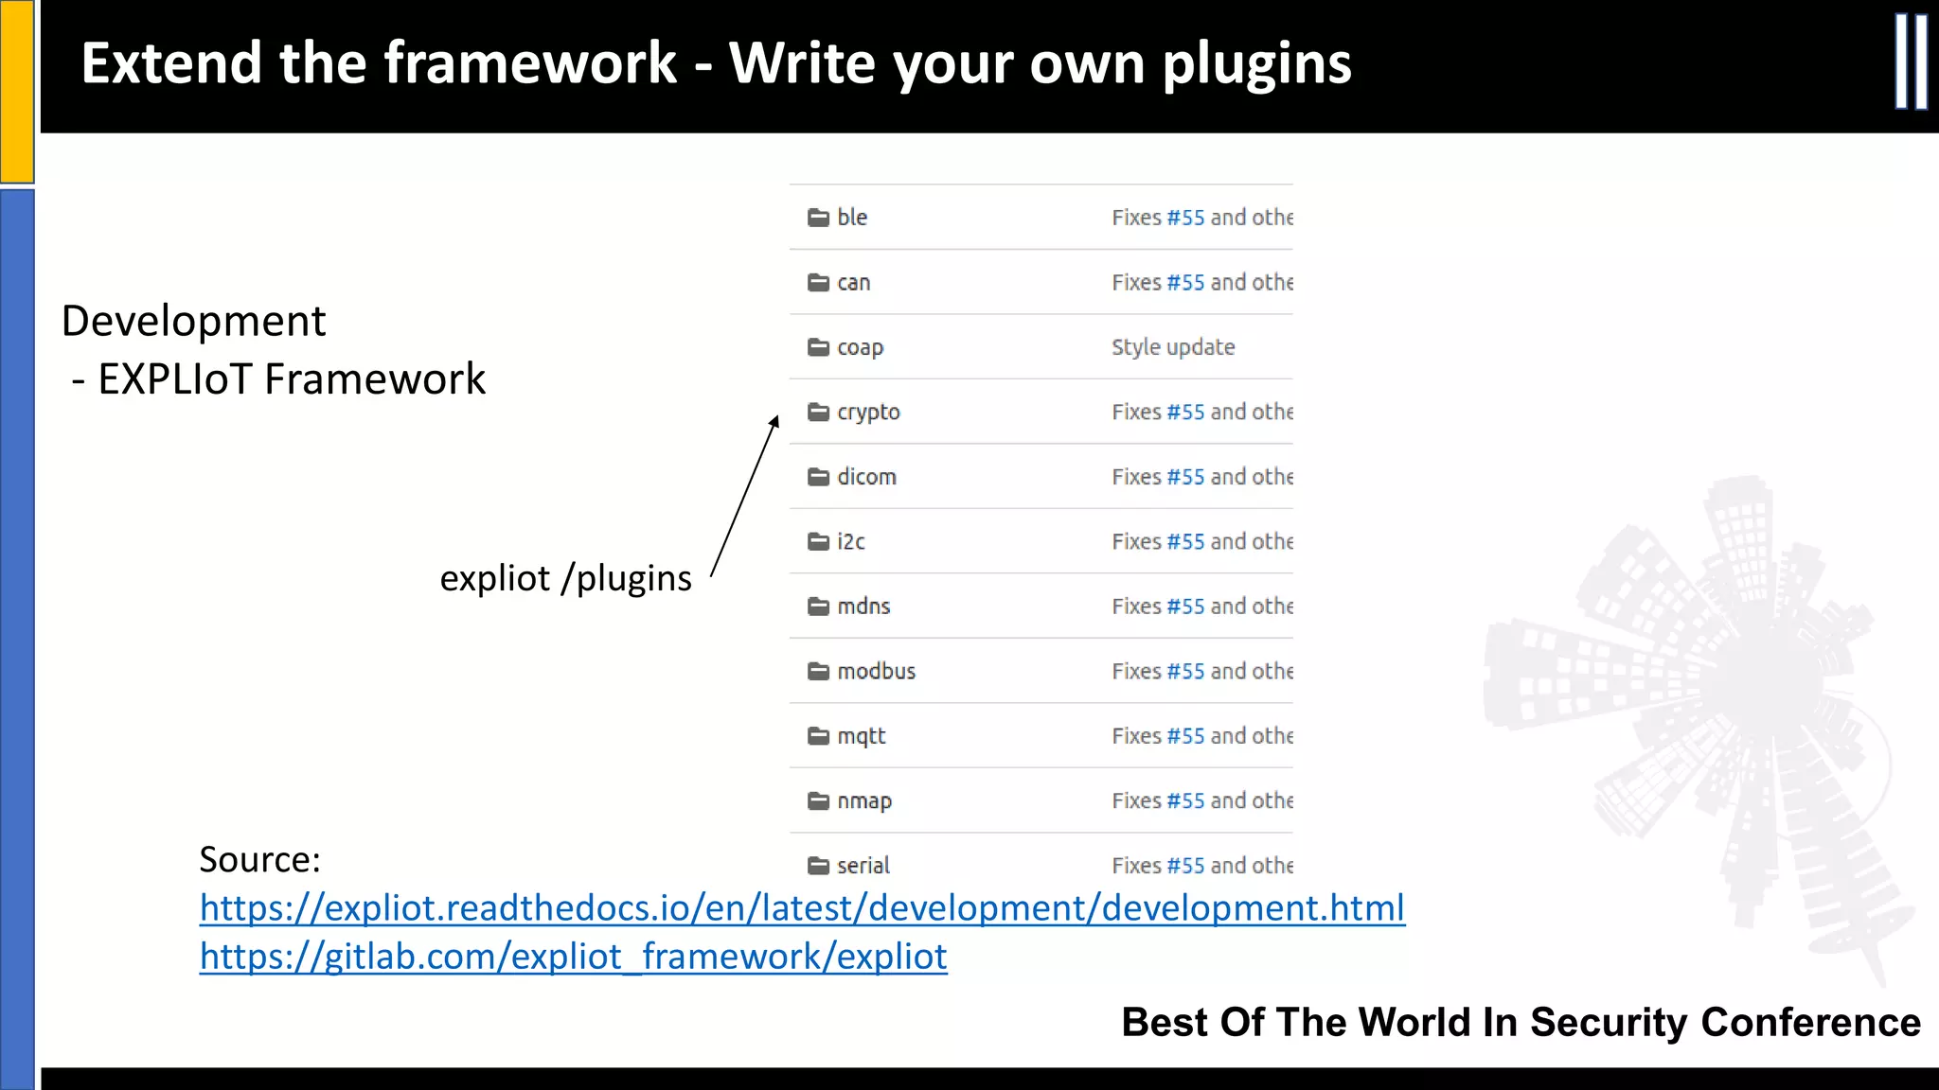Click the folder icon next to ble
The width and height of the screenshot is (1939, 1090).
pos(818,218)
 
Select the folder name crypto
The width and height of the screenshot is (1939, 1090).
pos(868,413)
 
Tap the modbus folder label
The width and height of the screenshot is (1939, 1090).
pos(876,672)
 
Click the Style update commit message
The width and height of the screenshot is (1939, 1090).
pos(1173,347)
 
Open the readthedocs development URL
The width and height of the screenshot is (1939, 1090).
pos(802,908)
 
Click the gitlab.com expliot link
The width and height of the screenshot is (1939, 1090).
pos(573,957)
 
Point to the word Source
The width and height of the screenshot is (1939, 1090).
pos(258,860)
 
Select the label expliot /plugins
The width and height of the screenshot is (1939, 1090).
pos(565,578)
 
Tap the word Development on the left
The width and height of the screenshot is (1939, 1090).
pos(193,321)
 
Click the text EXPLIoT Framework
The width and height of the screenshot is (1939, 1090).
pos(292,379)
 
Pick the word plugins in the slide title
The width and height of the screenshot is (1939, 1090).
pos(1256,63)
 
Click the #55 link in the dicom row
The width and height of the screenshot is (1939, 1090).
pos(1185,477)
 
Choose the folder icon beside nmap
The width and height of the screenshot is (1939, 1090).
pos(818,801)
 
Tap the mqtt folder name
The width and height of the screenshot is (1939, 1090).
pos(861,736)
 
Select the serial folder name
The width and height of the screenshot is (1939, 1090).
pos(863,866)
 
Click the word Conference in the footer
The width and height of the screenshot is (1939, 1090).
pos(1810,1023)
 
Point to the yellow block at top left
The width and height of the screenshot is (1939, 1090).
pos(17,90)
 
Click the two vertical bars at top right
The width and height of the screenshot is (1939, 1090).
pos(1911,62)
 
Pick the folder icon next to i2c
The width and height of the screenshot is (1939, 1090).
pos(818,542)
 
